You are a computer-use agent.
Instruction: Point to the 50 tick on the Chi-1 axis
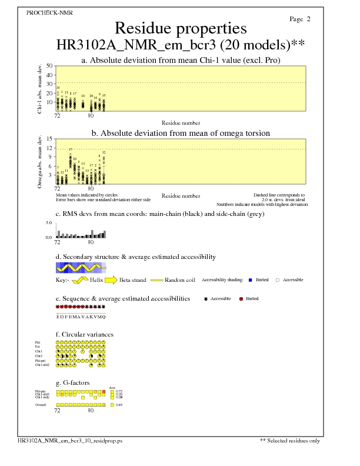[x=49, y=66]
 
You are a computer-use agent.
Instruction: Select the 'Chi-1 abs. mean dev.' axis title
[x=39, y=88]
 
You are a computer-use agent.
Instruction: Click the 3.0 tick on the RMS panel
[x=49, y=224]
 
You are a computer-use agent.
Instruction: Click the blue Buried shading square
[x=250, y=280]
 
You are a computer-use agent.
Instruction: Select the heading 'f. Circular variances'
[x=84, y=334]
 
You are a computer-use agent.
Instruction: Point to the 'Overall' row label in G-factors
[x=40, y=405]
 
